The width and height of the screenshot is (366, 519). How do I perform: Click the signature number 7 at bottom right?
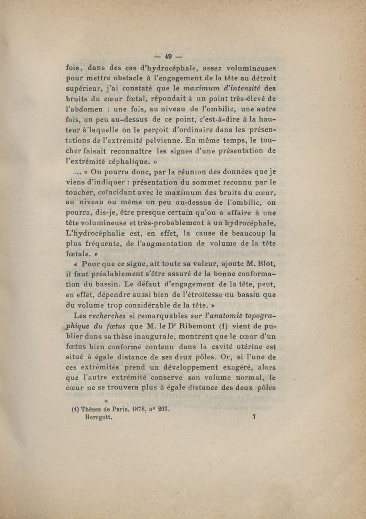click(253, 417)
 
